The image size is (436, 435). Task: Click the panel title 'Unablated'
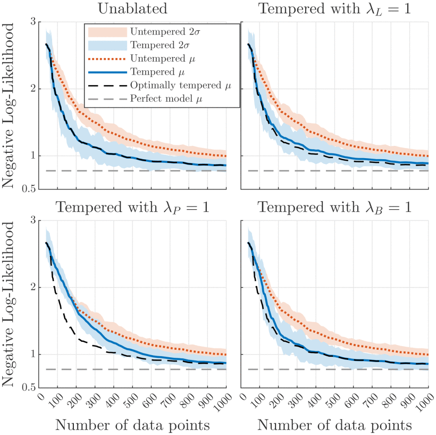(132, 9)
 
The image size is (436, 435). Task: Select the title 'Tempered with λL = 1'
(334, 9)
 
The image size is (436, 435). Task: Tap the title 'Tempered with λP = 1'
(132, 208)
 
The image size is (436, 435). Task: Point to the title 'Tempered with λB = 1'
(334, 208)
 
